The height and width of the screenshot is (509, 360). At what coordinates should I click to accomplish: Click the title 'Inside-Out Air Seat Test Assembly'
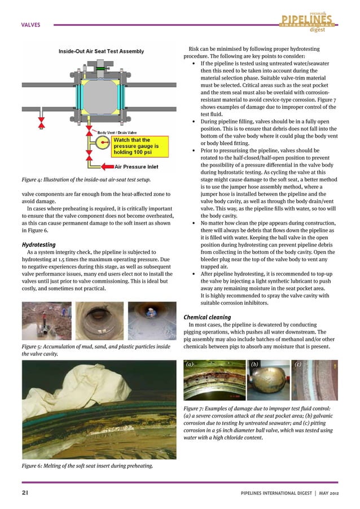coord(101,52)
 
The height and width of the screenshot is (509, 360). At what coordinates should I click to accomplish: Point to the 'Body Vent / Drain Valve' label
coord(119,132)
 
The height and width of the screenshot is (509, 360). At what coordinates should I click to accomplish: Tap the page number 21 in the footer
coord(25,492)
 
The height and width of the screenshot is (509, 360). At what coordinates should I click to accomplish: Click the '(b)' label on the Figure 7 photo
coord(254,365)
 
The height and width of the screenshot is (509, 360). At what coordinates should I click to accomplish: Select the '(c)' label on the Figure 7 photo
coord(298,365)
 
